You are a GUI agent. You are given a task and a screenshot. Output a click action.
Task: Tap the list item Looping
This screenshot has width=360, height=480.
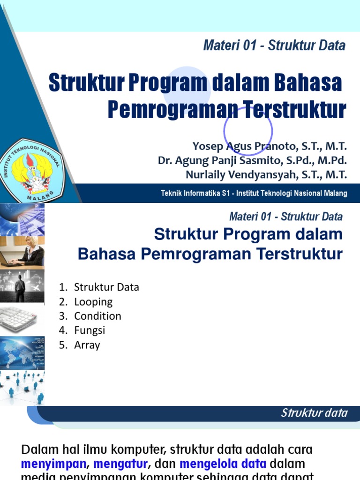(x=93, y=301)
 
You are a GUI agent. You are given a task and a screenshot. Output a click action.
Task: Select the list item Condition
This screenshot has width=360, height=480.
(x=97, y=316)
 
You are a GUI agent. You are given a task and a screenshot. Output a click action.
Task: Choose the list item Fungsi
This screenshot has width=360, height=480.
(x=90, y=330)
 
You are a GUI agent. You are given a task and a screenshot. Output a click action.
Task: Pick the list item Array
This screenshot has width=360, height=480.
(x=87, y=345)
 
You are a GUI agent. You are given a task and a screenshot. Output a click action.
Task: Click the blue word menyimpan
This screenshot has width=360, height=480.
(x=54, y=464)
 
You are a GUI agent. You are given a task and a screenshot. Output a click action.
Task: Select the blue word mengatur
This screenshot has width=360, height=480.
(x=120, y=464)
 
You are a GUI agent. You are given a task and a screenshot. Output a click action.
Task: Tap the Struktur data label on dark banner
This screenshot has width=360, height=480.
(x=314, y=413)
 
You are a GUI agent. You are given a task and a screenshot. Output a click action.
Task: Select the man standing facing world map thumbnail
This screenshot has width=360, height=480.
(x=22, y=286)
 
